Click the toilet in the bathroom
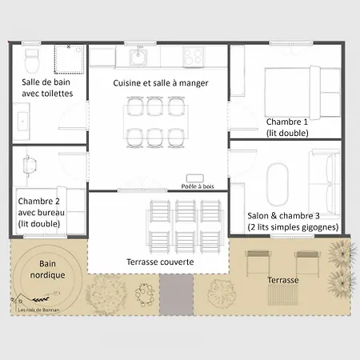pos(32,61)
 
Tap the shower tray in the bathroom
pos(69,59)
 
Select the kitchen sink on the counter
pos(138,57)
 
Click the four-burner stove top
pos(194,57)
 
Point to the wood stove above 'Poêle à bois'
pos(195,178)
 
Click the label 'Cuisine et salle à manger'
pos(161,83)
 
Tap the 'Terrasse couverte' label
pos(160,262)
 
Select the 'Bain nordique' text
pos(47,270)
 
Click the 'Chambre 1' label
pos(287,122)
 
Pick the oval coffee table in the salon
pos(278,185)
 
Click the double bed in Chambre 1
pos(302,93)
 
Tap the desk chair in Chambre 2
pos(29,166)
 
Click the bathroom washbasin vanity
pos(22,122)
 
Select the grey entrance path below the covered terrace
pos(177,294)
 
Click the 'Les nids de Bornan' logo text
pos(38,310)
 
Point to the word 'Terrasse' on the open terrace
pos(283,280)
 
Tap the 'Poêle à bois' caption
pos(198,186)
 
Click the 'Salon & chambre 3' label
pos(283,216)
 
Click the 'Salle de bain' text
pos(46,82)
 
